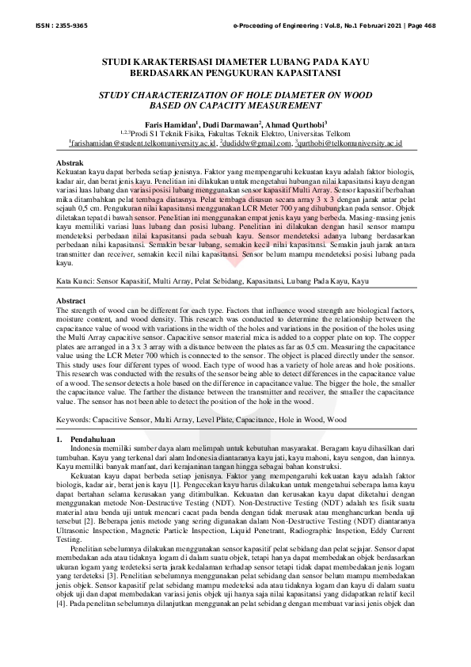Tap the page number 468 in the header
click(431, 25)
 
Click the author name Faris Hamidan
click(168, 125)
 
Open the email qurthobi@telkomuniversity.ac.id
click(352, 144)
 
